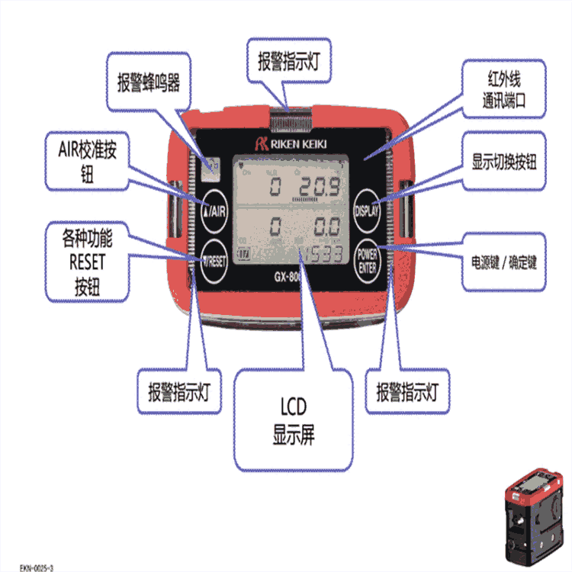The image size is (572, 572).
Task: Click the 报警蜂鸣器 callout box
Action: click(149, 83)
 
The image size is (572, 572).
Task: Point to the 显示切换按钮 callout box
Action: click(504, 162)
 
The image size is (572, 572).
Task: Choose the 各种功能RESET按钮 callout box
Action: click(86, 262)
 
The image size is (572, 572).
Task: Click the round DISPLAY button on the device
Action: click(369, 207)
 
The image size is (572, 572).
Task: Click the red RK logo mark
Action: click(260, 141)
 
